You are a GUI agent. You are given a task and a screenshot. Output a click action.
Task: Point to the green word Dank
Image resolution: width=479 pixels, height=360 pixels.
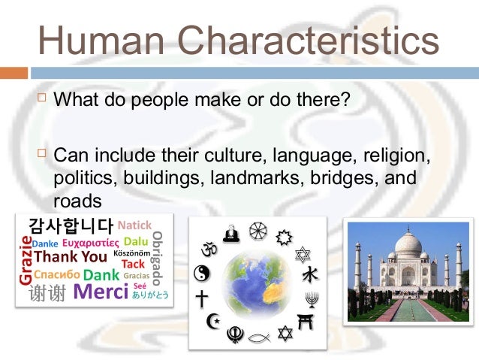(x=101, y=274)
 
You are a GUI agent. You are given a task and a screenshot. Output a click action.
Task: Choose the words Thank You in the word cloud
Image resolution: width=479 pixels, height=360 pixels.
(x=71, y=257)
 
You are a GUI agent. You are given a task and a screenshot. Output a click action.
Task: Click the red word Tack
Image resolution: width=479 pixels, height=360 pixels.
(x=132, y=264)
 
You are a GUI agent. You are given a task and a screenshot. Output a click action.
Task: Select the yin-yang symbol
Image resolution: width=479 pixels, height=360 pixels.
(x=201, y=273)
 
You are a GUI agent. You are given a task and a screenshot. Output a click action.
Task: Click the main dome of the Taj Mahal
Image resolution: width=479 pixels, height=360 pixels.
(x=408, y=246)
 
